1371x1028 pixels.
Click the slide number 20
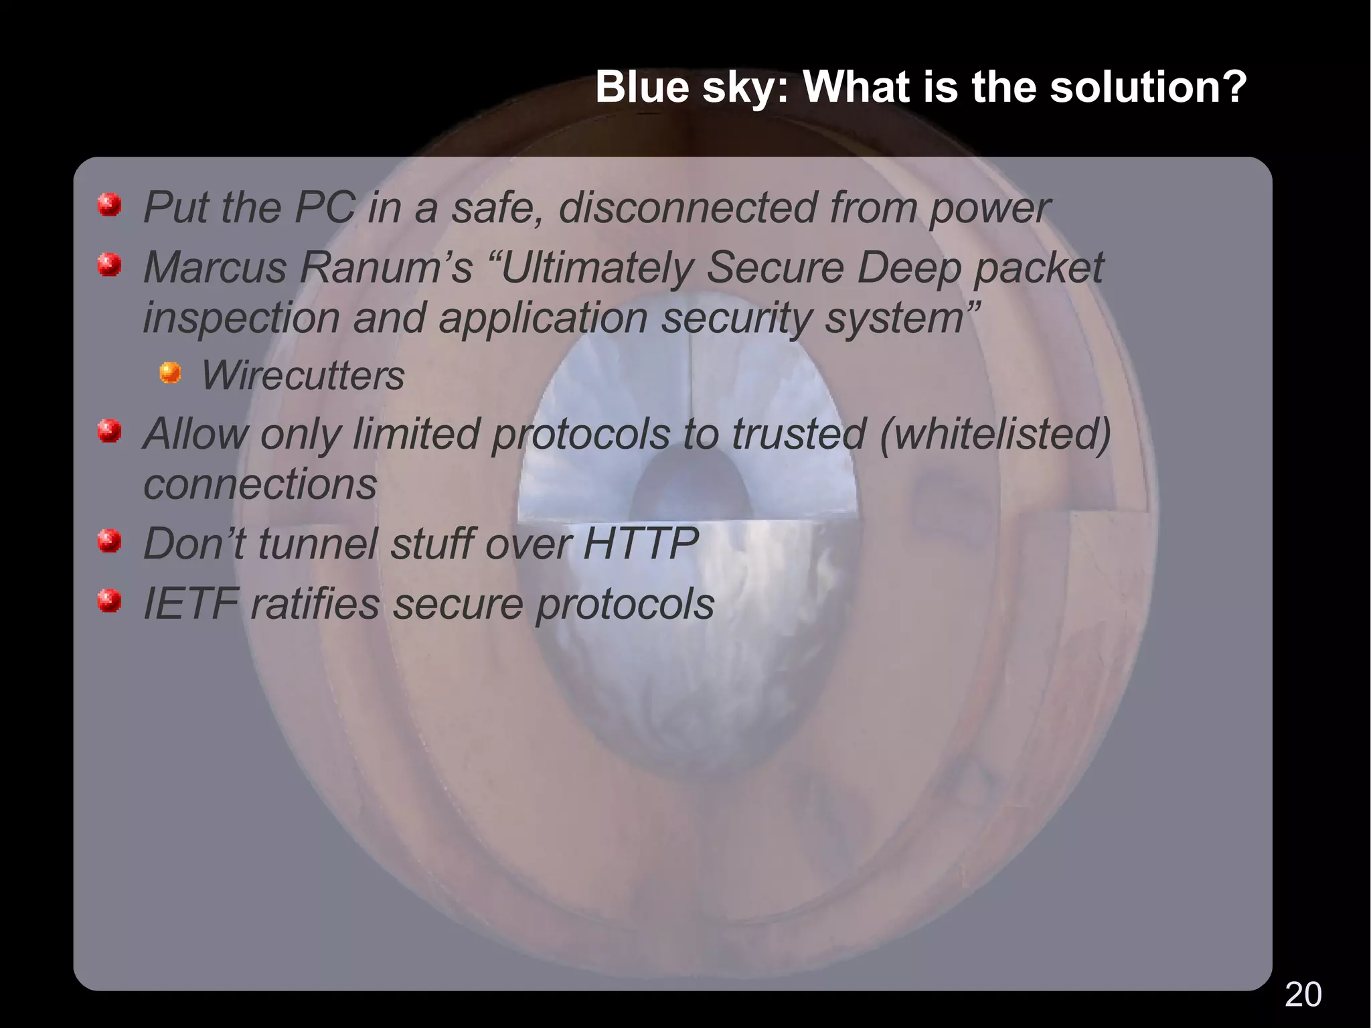click(x=1303, y=995)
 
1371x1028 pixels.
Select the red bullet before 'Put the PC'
click(x=109, y=205)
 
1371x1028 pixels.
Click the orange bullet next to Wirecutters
click(x=170, y=372)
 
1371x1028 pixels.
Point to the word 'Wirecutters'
click(x=303, y=375)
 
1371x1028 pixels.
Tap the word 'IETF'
click(x=191, y=603)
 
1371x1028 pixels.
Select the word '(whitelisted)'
click(x=995, y=433)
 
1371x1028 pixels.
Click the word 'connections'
click(x=260, y=484)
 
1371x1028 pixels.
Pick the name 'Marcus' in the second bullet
click(x=215, y=267)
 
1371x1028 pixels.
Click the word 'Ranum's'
click(x=386, y=267)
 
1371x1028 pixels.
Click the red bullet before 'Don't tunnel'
click(x=109, y=540)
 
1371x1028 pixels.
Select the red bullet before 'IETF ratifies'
click(x=109, y=601)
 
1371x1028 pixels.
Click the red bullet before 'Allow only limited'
click(x=109, y=431)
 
